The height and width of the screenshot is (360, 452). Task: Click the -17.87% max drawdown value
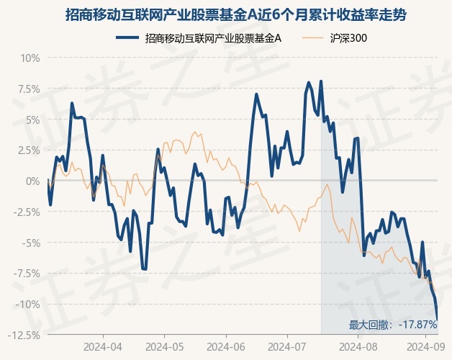[417, 325]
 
